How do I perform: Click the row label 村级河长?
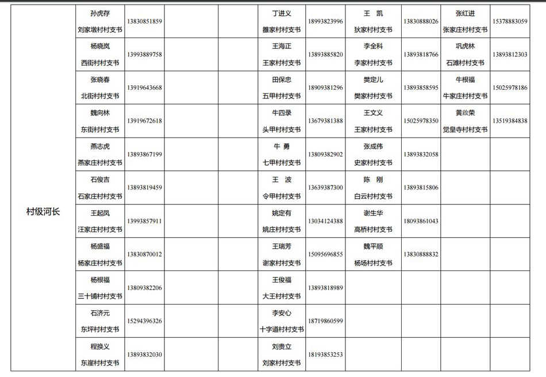pos(43,212)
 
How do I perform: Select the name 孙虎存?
pos(100,13)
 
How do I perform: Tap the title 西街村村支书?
pos(100,63)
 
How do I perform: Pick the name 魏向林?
pos(100,113)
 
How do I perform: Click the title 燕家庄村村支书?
pos(100,163)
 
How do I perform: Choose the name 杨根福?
pos(100,280)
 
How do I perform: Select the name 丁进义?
pos(282,13)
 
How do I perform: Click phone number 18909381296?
pos(325,88)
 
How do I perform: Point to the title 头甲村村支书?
pos(282,130)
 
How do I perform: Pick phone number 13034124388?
pos(325,221)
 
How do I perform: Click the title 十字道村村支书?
pos(282,330)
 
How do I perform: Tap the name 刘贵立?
pos(282,346)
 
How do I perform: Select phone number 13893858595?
pos(421,88)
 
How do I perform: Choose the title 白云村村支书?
pos(373,196)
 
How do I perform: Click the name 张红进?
pos(465,13)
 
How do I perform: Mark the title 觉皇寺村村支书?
pos(465,130)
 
